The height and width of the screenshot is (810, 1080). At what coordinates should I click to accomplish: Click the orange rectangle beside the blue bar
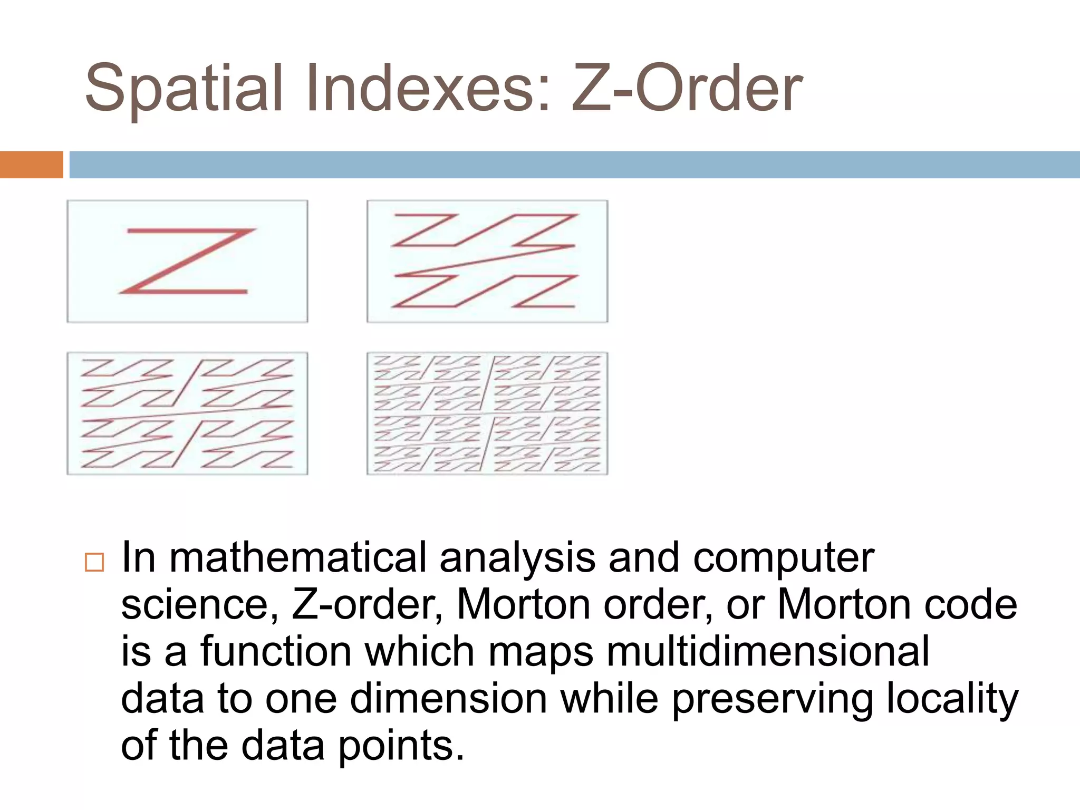[x=31, y=165]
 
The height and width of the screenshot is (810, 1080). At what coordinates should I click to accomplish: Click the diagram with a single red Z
[x=187, y=261]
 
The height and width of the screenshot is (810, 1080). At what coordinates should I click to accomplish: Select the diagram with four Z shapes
[x=487, y=261]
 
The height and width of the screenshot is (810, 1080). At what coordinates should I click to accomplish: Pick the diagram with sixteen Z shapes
[x=187, y=413]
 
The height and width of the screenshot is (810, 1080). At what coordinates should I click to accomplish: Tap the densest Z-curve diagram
[x=487, y=413]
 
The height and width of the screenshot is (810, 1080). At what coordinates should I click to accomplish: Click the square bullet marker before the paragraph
[x=94, y=563]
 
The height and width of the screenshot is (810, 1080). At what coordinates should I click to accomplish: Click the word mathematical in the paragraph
[x=297, y=558]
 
